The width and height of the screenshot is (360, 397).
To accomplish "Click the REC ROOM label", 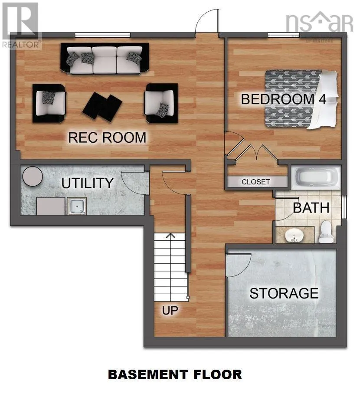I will click(x=107, y=138).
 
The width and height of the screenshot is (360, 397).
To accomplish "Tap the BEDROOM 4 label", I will click(x=283, y=99).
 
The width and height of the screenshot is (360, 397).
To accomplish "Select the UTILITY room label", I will click(x=87, y=183).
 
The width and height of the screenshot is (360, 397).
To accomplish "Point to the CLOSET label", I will click(x=256, y=182).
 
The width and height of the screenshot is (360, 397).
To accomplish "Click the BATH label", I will click(x=311, y=207).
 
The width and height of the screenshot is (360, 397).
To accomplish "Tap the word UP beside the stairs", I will click(x=170, y=311).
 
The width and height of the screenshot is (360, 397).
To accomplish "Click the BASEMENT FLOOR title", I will click(x=175, y=374).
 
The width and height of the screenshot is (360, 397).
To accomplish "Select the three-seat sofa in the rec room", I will click(x=104, y=59).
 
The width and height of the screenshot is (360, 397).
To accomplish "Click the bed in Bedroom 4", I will click(x=300, y=99).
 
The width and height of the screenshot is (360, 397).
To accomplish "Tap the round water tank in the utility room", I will click(x=32, y=176).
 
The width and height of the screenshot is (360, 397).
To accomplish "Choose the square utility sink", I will click(x=77, y=206).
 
